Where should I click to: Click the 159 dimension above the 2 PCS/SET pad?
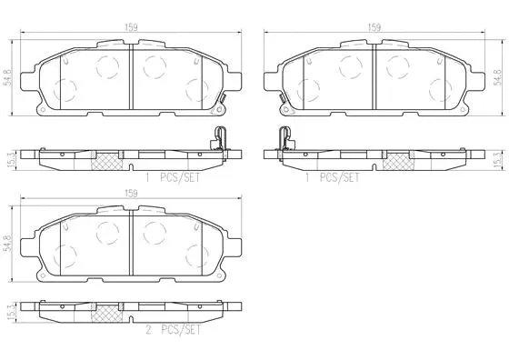[133, 193]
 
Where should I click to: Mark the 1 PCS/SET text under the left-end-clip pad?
[333, 177]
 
